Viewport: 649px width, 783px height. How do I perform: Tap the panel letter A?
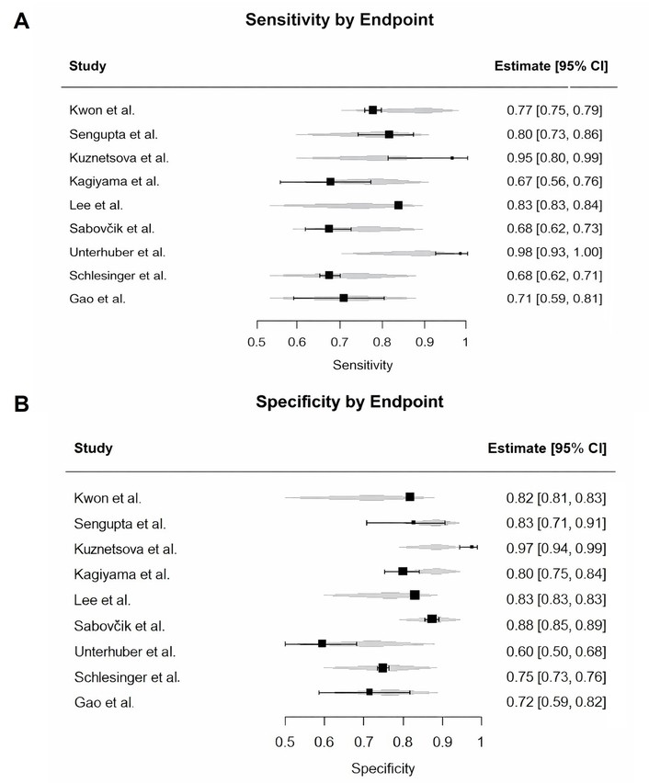[21, 21]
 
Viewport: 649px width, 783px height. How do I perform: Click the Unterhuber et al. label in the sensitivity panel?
[108, 252]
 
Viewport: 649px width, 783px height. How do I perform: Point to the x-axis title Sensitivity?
[362, 365]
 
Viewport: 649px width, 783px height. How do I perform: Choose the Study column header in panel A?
[87, 66]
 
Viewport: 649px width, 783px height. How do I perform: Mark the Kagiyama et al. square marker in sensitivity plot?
[330, 181]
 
